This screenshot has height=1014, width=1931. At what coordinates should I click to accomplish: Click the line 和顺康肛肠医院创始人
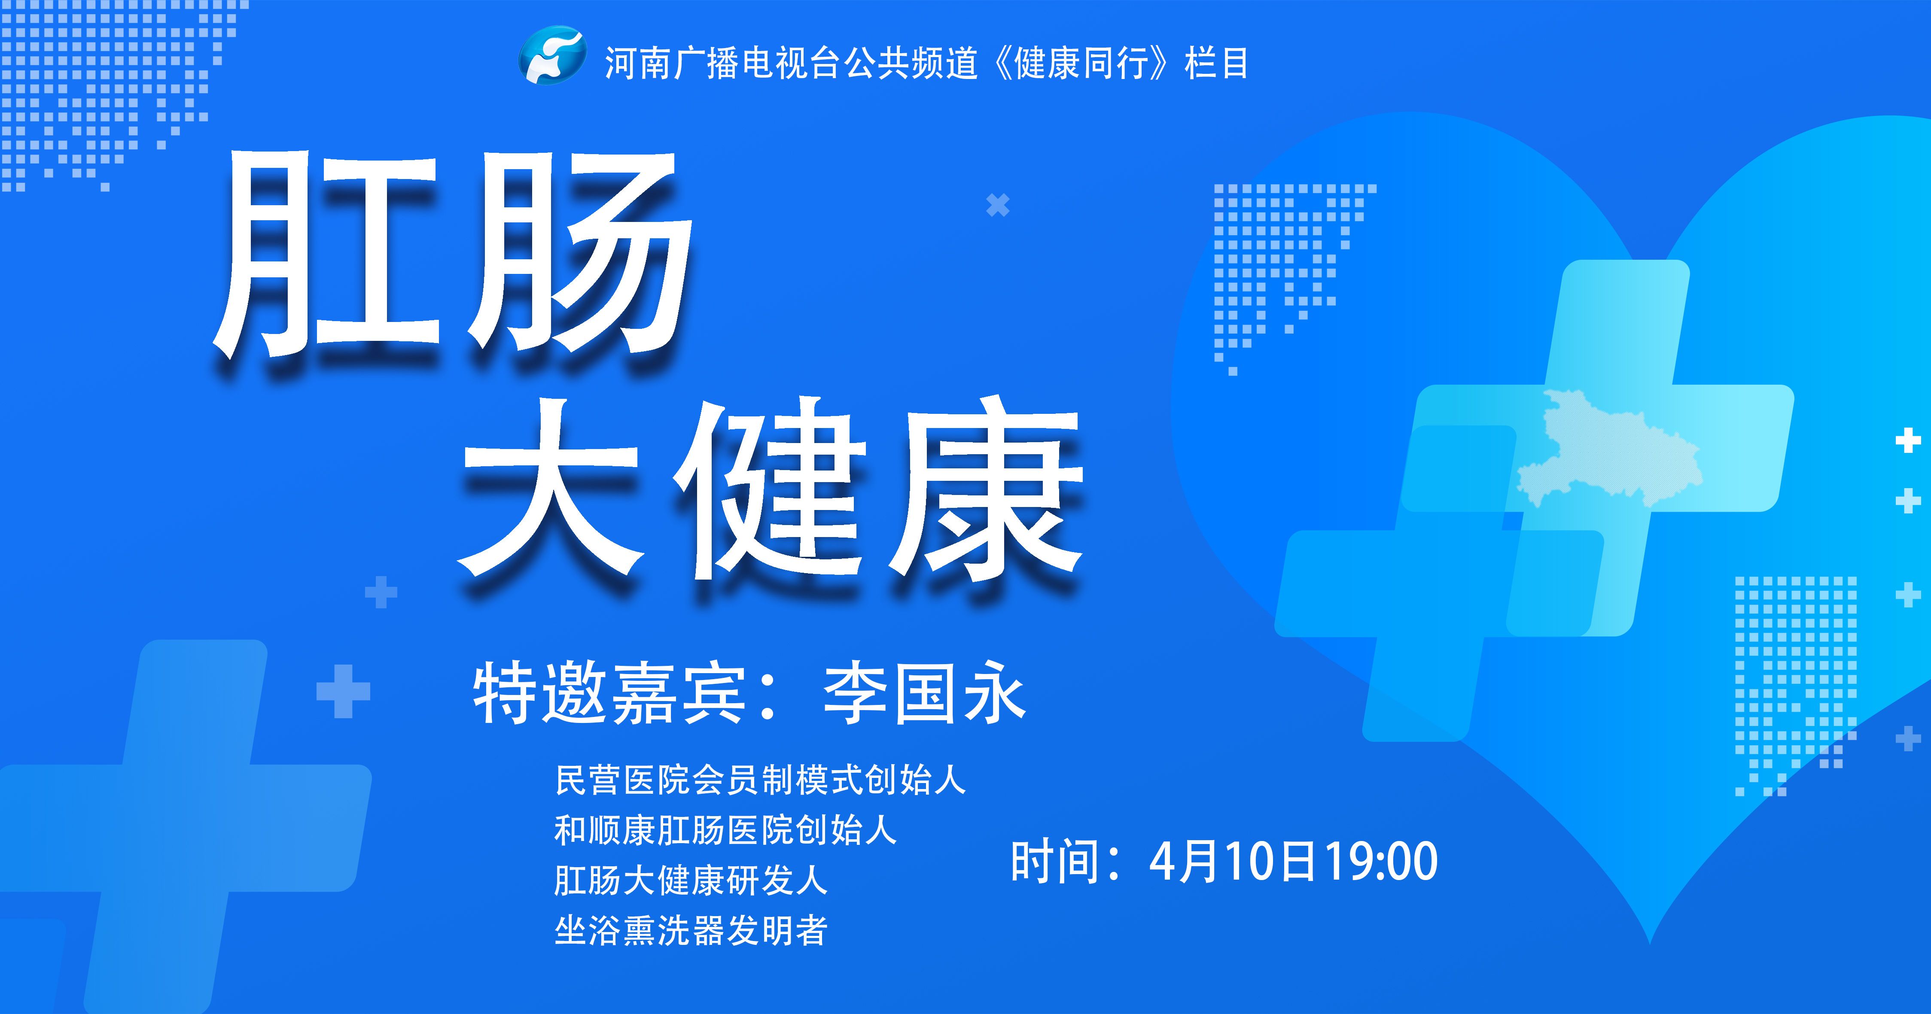(x=725, y=830)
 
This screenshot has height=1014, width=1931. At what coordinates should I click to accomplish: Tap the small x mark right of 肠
(x=998, y=205)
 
